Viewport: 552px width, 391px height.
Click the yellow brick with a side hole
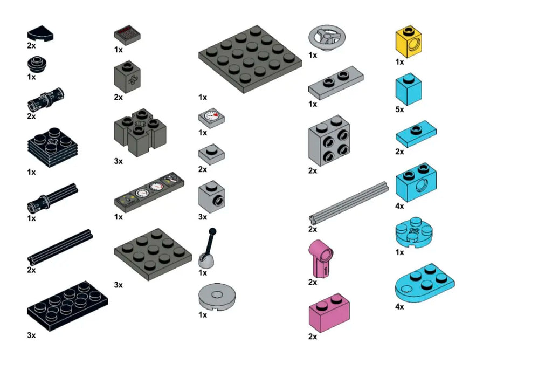[x=409, y=42]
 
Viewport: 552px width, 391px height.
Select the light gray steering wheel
[x=327, y=38]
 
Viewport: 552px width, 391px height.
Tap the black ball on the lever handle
[x=212, y=231]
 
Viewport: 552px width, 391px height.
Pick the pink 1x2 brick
[x=329, y=313]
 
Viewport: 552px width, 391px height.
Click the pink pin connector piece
[x=321, y=258]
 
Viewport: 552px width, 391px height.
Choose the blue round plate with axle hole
[x=414, y=232]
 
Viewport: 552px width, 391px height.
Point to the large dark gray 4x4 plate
[x=250, y=59]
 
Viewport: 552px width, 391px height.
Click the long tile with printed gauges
[x=149, y=192]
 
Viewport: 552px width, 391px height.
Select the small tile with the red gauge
[x=211, y=118]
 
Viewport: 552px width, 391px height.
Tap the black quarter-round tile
[x=40, y=34]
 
